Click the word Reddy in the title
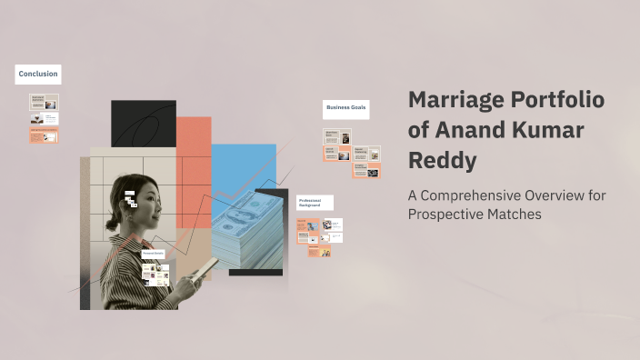442,161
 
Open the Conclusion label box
38,74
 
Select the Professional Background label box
315,203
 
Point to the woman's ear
137,208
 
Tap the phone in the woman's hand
206,268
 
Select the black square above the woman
143,123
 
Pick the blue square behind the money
244,168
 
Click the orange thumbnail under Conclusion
44,135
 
